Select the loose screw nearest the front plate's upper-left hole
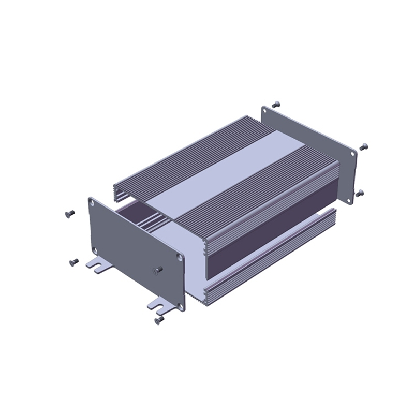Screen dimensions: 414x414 pos(69,213)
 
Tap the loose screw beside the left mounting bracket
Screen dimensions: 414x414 pos(73,262)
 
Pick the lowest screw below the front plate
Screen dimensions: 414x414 pos(159,321)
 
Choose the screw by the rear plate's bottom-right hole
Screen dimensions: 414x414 pos(360,193)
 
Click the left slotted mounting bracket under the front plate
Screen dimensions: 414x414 pos(99,264)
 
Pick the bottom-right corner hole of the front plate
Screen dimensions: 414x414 pos(180,306)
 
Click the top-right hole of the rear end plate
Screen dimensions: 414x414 pos(354,154)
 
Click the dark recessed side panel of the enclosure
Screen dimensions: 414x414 pos(269,228)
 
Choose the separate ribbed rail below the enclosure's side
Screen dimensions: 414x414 pos(269,259)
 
